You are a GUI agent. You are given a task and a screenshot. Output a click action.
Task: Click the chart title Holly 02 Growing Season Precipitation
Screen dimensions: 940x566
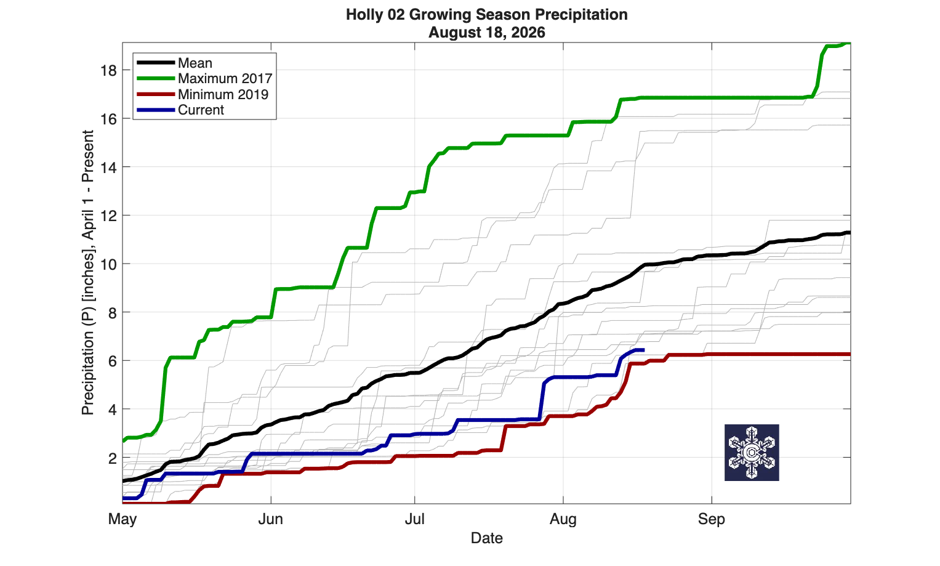click(x=487, y=15)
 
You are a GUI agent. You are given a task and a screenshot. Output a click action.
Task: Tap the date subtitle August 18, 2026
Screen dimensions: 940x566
click(x=487, y=32)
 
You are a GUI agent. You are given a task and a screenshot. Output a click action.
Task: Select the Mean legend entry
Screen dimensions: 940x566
click(x=175, y=63)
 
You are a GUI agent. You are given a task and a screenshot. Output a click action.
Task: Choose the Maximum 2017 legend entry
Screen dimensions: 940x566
click(x=204, y=78)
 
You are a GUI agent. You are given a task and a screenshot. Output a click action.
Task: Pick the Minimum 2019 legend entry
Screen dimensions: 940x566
click(x=203, y=94)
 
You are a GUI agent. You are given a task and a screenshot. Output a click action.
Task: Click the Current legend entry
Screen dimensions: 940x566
click(x=180, y=110)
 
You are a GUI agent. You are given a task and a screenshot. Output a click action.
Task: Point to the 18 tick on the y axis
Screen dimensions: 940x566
click(x=108, y=71)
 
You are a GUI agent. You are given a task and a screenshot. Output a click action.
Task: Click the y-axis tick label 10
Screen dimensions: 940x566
click(x=108, y=264)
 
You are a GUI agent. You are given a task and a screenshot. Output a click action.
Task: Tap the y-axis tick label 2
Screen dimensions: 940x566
click(x=113, y=458)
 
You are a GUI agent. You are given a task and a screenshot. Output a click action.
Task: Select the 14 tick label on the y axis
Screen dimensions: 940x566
click(x=108, y=168)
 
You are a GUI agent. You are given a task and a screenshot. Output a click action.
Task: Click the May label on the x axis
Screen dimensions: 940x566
click(x=123, y=519)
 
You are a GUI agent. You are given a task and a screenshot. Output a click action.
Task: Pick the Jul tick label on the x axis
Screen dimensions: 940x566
click(x=415, y=519)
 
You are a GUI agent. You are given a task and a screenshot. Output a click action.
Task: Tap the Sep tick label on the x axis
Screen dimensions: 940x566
click(x=711, y=519)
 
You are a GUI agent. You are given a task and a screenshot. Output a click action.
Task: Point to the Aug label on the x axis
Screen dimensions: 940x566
click(x=563, y=519)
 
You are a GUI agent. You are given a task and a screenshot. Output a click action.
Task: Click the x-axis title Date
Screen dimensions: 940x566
click(x=487, y=538)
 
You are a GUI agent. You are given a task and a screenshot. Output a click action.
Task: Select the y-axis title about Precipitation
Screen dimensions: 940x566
click(x=87, y=272)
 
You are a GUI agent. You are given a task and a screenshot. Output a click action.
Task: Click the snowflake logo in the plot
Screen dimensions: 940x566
click(x=752, y=453)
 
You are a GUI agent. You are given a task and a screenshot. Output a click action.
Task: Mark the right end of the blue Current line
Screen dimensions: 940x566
click(x=643, y=350)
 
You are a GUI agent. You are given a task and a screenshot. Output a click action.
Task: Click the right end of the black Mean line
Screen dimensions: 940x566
click(x=850, y=233)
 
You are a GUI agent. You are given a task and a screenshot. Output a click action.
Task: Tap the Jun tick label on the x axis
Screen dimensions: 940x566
click(x=271, y=519)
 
